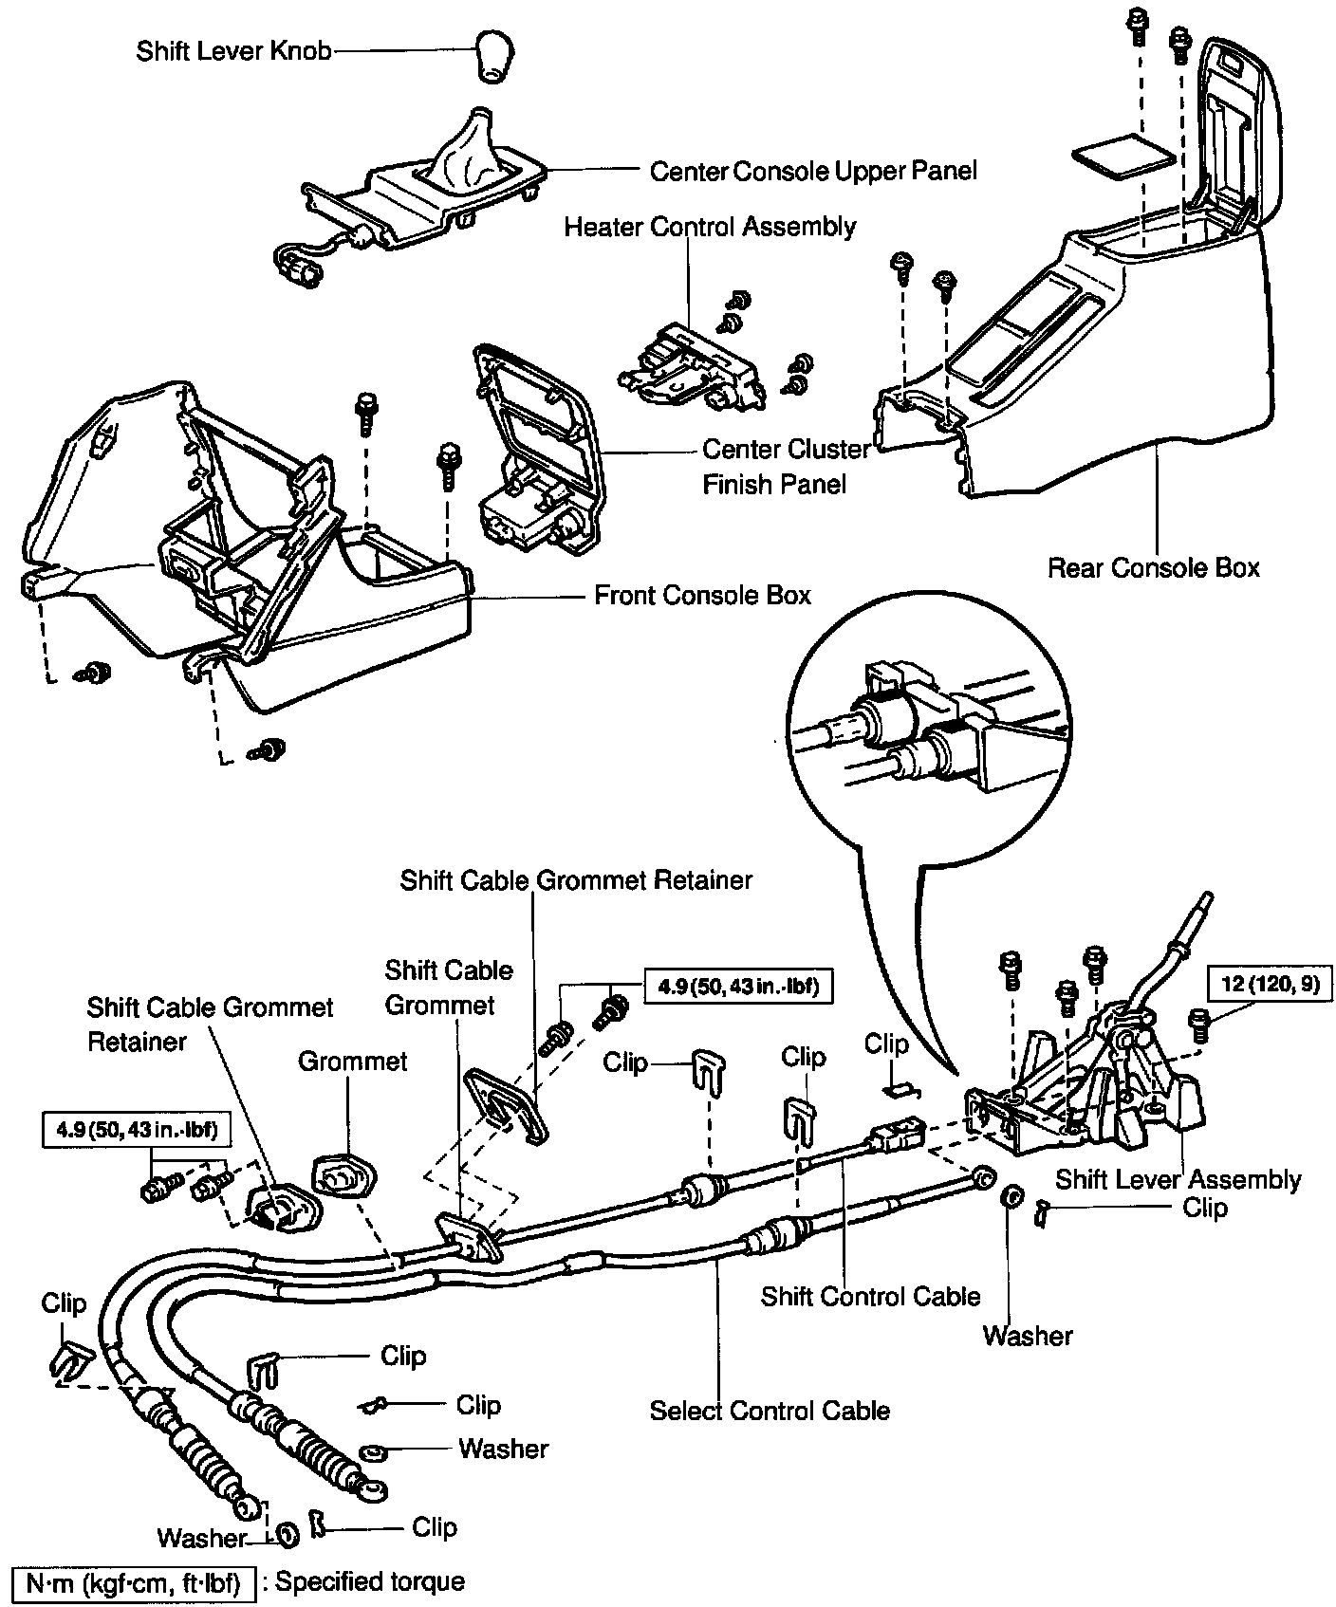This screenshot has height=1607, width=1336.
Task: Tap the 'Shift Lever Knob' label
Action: click(233, 50)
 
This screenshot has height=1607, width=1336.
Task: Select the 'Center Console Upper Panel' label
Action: click(813, 171)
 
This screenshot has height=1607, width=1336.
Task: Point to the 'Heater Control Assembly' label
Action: click(710, 227)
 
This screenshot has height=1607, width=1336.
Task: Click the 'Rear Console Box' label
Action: click(1154, 568)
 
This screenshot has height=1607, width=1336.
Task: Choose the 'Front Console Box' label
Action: click(702, 596)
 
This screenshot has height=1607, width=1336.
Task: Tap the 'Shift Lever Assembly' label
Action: click(1178, 1179)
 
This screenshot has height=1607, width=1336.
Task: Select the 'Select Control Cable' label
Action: click(770, 1411)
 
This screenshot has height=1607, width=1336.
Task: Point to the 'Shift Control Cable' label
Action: click(870, 1297)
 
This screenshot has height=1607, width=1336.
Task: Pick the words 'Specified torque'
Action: click(370, 1581)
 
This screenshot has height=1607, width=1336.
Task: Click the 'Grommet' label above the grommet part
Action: click(352, 1061)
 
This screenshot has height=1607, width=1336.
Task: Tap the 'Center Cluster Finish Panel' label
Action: click(786, 466)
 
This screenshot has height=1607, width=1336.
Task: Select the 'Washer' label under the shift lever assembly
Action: click(1028, 1336)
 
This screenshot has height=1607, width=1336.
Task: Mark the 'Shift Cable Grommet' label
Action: click(448, 987)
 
